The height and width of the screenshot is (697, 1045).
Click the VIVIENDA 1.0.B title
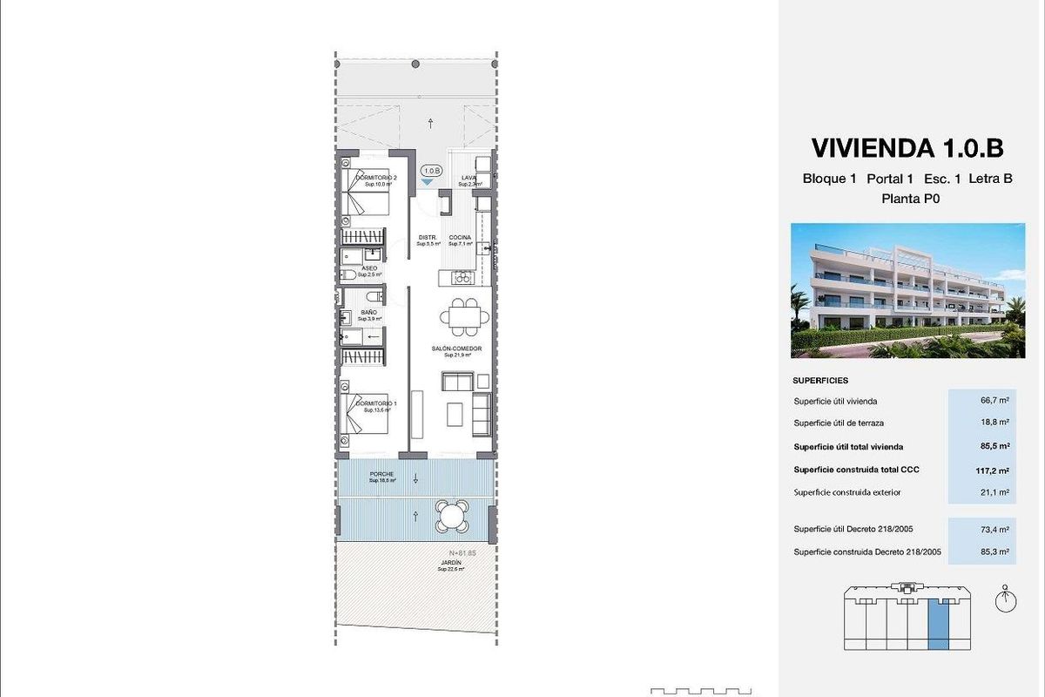pyautogui.click(x=907, y=147)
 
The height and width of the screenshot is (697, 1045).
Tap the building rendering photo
pyautogui.click(x=907, y=290)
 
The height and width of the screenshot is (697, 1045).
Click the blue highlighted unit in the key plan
pyautogui.click(x=938, y=621)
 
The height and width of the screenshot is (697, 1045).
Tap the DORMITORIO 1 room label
pyautogui.click(x=376, y=405)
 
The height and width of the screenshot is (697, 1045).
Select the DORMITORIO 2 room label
pyautogui.click(x=376, y=179)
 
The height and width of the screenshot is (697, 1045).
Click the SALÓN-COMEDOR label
pyautogui.click(x=456, y=349)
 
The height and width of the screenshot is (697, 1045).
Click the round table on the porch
pyautogui.click(x=452, y=516)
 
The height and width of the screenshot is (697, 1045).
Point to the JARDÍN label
pyautogui.click(x=450, y=564)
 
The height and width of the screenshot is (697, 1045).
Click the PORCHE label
pyautogui.click(x=381, y=475)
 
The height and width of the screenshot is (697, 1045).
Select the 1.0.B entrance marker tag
pyautogui.click(x=431, y=173)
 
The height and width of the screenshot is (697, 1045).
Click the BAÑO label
pyautogui.click(x=369, y=313)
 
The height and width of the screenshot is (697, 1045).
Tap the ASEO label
pyautogui.click(x=369, y=269)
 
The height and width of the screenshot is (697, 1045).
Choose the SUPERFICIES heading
pyautogui.click(x=820, y=381)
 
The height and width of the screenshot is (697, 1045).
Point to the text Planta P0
pyautogui.click(x=907, y=198)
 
